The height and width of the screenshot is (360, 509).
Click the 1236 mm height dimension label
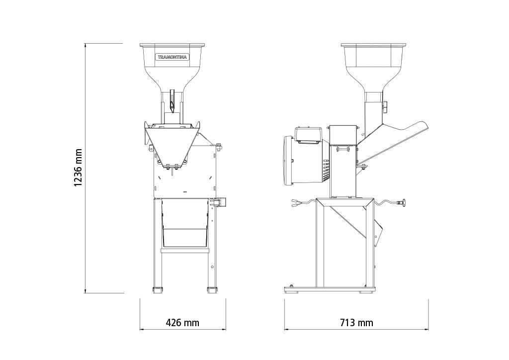[78, 168]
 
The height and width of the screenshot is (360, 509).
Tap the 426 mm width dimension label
[182, 323]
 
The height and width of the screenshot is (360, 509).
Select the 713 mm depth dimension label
[356, 323]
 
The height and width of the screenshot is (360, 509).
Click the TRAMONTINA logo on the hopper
[172, 57]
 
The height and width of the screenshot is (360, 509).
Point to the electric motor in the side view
[307, 161]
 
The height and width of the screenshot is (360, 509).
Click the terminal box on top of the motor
[308, 134]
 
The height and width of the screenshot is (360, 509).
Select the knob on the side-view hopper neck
[385, 107]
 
